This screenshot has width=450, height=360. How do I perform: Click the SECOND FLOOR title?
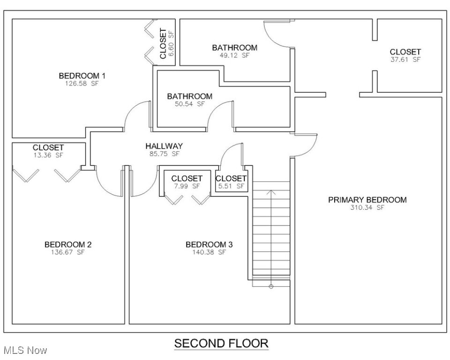pyautogui.click(x=221, y=344)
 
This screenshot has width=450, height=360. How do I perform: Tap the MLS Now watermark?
pyautogui.click(x=25, y=350)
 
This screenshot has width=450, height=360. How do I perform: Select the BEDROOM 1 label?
pyautogui.click(x=82, y=75)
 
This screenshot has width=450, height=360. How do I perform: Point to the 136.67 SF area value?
pyautogui.click(x=68, y=252)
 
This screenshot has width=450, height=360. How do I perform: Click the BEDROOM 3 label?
pyautogui.click(x=209, y=244)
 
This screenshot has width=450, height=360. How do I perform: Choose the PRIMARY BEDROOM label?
pyautogui.click(x=367, y=200)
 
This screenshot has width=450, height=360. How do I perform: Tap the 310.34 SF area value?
pyautogui.click(x=367, y=208)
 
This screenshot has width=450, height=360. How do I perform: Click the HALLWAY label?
pyautogui.click(x=164, y=146)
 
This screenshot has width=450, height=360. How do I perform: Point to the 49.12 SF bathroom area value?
pyautogui.click(x=234, y=55)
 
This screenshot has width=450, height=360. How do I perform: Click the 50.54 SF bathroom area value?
pyautogui.click(x=190, y=104)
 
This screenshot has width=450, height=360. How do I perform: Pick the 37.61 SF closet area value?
pyautogui.click(x=405, y=60)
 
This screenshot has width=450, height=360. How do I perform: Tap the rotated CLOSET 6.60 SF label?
pyautogui.click(x=166, y=43)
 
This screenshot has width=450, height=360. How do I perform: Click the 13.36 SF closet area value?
pyautogui.click(x=48, y=156)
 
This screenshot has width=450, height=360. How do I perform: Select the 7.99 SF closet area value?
pyautogui.click(x=187, y=186)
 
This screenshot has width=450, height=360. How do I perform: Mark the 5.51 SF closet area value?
pyautogui.click(x=231, y=186)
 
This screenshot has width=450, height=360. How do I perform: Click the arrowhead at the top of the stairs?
pyautogui.click(x=271, y=191)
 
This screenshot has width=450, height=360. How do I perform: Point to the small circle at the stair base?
pyautogui.click(x=271, y=286)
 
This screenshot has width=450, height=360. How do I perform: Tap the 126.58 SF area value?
pyautogui.click(x=82, y=83)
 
